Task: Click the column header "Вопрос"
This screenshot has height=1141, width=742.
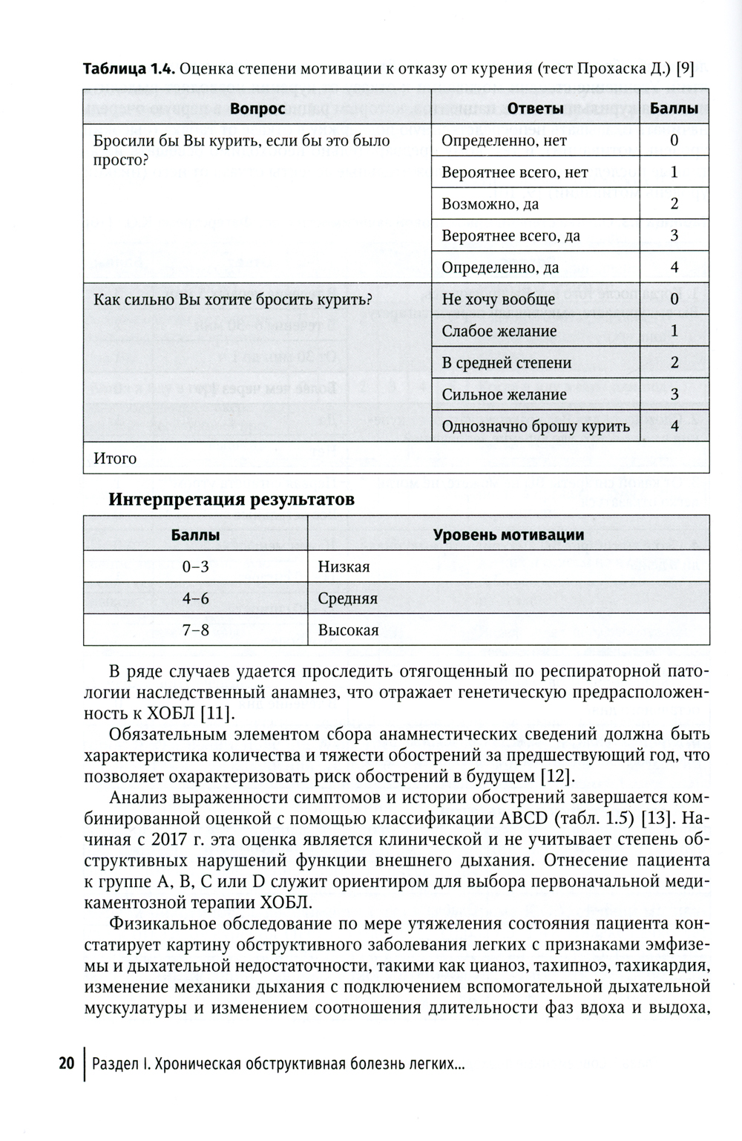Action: pos(257,108)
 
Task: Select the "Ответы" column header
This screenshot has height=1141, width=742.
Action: pos(535,108)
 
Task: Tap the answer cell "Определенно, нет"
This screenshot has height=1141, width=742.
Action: pos(504,140)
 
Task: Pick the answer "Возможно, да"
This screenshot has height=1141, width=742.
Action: pos(490,204)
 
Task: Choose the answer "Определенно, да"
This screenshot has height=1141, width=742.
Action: pos(500,268)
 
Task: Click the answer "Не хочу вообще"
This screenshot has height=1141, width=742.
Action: pos(498,299)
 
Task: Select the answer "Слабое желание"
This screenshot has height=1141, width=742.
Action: pos(499,331)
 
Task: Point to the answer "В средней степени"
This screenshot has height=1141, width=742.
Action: pos(506,363)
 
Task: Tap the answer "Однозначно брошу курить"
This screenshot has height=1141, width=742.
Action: pos(535,426)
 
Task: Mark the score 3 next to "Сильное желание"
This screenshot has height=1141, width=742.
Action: pos(674,394)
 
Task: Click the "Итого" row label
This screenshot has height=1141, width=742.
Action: pos(115,458)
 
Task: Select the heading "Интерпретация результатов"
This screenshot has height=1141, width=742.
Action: pos(232,500)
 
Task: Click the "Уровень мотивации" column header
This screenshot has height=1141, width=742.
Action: pos(508,534)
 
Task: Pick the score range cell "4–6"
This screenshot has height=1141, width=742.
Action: pos(195,598)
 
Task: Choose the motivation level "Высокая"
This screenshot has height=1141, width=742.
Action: pos(348,630)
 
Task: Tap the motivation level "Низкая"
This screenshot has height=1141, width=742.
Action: pos(344,567)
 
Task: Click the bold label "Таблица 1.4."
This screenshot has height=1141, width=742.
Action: pos(128,70)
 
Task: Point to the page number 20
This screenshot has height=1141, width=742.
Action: pos(66,1064)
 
